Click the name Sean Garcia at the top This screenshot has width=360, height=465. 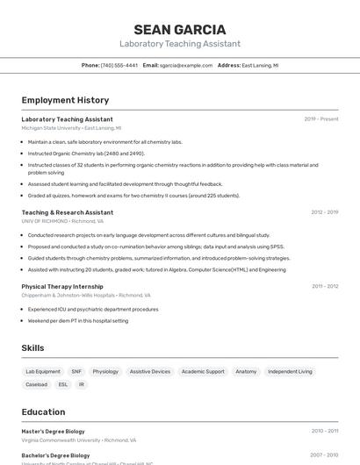pos(179,30)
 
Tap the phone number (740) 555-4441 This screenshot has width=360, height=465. pos(119,65)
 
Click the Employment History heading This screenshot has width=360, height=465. pos(65,100)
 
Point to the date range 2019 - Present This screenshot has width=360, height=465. pos(320,119)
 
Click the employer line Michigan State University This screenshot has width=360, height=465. pos(71,128)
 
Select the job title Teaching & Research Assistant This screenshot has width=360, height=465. pos(68,212)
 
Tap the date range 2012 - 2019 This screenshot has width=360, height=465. pos(324,212)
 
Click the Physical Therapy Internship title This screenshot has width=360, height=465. pos(62,286)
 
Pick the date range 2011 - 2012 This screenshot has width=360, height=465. pos(324,286)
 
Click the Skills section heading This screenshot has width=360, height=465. pos(32,348)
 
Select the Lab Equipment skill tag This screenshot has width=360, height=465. pos(43,371)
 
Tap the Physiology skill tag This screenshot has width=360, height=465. pos(105,371)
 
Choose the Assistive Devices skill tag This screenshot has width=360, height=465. pos(150,371)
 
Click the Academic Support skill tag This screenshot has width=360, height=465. pos(203,371)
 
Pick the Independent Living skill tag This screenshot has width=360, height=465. pos(290,371)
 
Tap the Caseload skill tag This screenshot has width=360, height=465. pos(37,384)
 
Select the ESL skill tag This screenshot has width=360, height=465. pos(62,384)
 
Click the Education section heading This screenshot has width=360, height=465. pos(43,412)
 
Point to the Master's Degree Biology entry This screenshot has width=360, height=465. pos(54,431)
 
